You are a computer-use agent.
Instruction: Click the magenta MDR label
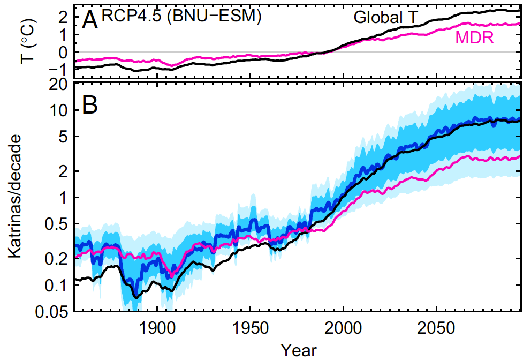tap(474, 37)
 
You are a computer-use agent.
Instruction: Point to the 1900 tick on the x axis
tap(158, 327)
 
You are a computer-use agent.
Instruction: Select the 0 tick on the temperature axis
tap(63, 52)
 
